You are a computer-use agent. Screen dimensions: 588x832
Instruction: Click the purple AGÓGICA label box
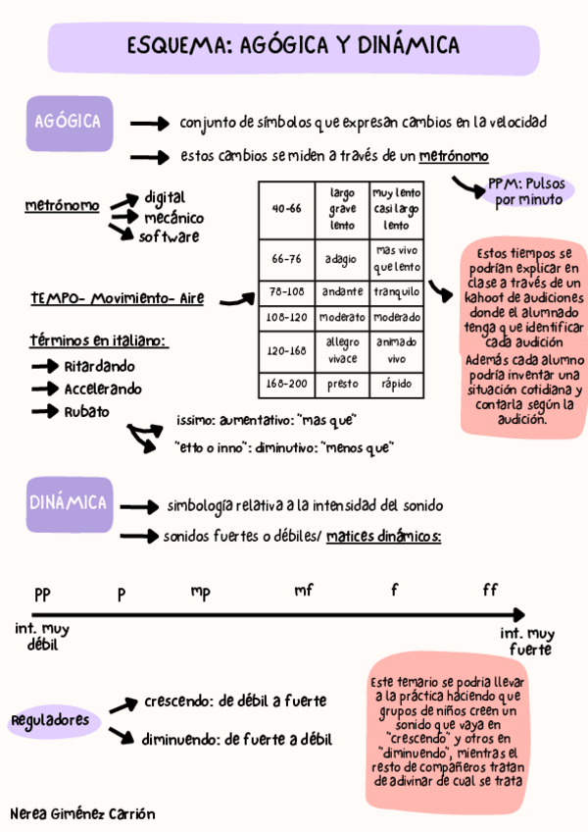[68, 124]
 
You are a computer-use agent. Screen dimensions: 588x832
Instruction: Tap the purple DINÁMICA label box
[68, 503]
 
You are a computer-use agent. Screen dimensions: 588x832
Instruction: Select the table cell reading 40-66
[286, 208]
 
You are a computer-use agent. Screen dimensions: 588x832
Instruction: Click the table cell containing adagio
[342, 259]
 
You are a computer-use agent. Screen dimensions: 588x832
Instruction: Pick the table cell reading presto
[342, 383]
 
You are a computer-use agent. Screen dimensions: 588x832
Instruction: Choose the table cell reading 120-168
[286, 349]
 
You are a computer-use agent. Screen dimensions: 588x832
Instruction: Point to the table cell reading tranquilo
[396, 291]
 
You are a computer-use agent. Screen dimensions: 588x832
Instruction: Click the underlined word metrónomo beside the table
[62, 206]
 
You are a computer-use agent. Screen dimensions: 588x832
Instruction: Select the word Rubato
[86, 411]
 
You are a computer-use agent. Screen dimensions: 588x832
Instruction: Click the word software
[169, 236]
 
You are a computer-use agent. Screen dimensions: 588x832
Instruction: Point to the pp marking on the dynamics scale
[42, 594]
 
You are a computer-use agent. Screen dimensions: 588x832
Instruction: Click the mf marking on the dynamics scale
[304, 590]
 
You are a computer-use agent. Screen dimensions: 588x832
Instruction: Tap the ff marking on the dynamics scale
[490, 590]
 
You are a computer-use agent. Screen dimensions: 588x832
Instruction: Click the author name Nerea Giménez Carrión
[81, 813]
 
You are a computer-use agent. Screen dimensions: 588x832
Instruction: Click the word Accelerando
[102, 389]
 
